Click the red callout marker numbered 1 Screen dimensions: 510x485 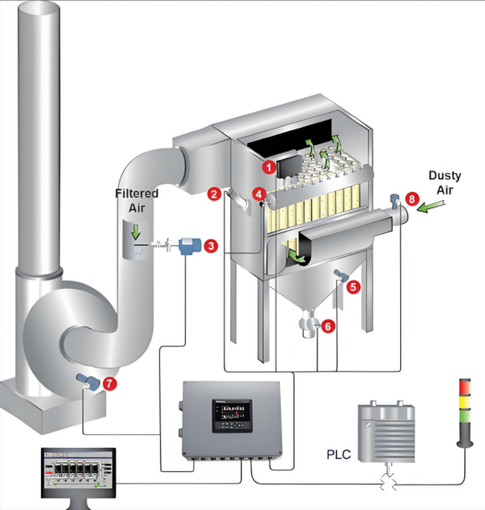click(x=267, y=167)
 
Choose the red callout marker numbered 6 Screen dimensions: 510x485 click(x=327, y=326)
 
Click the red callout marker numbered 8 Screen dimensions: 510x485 click(x=411, y=200)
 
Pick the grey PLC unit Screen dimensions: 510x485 click(x=385, y=432)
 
